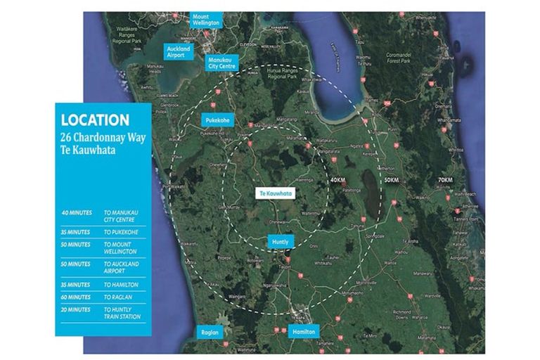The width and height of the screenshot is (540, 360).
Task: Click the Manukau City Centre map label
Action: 223,63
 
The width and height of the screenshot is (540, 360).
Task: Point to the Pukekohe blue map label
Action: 216,120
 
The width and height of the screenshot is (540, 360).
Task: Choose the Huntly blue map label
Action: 280,242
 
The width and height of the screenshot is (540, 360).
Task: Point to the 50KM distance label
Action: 392,181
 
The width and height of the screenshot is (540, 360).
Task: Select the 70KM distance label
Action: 446,181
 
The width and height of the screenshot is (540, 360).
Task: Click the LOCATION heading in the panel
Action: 95,120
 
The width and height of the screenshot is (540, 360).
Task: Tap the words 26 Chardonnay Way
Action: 103,137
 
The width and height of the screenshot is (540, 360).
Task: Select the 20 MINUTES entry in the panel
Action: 76,310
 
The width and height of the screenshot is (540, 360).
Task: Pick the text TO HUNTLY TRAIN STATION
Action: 122,313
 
